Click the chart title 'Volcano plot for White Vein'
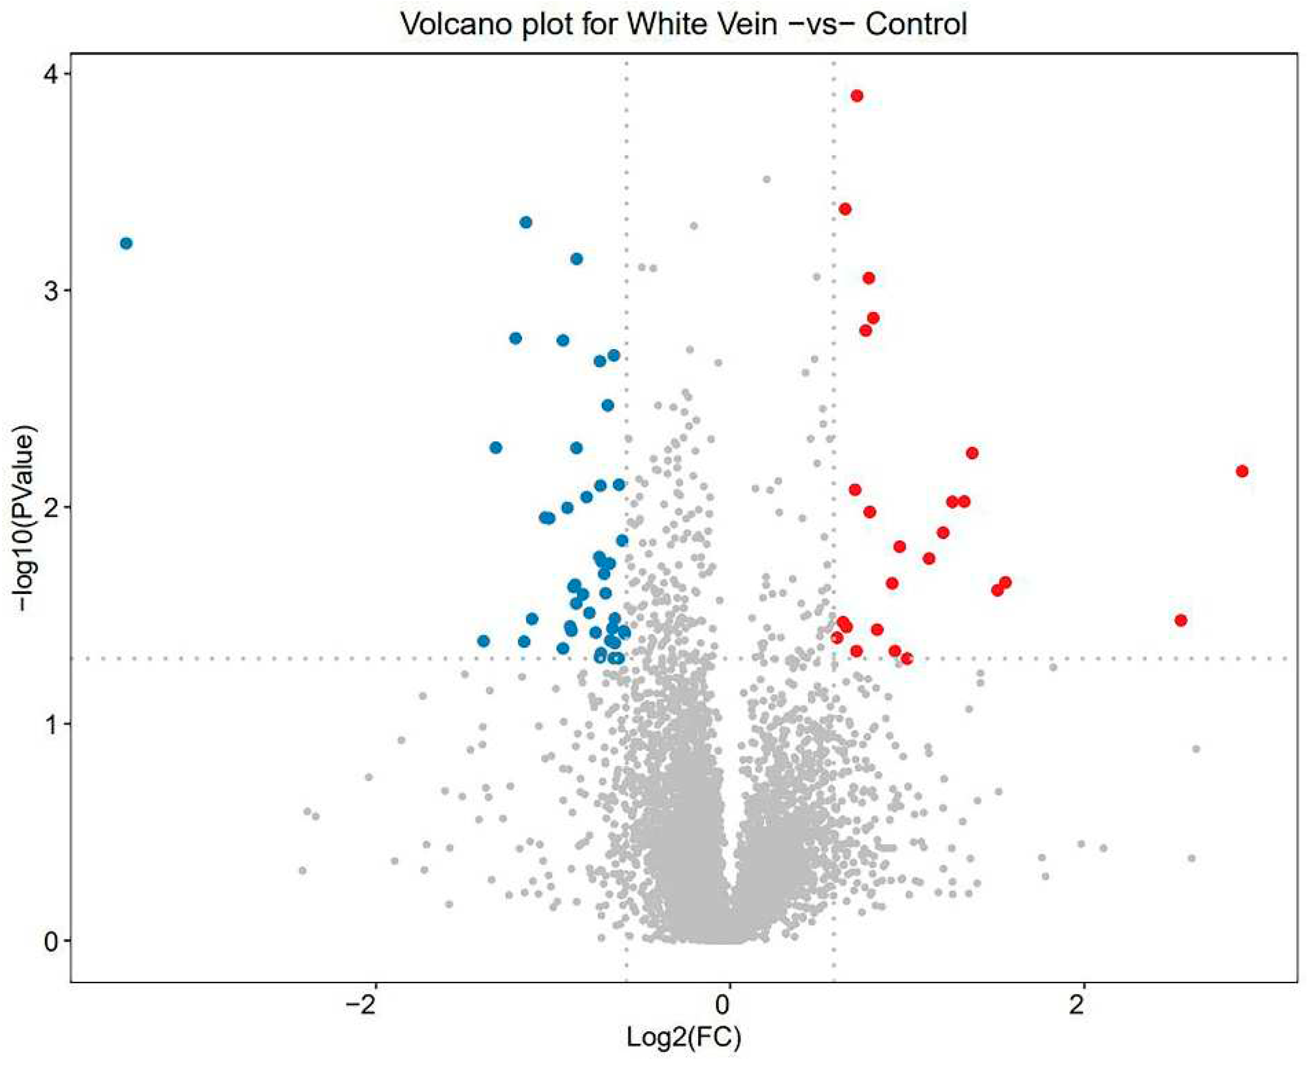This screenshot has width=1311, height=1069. (x=683, y=25)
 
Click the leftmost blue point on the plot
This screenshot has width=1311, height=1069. (x=126, y=243)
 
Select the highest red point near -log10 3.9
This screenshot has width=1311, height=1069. (x=857, y=95)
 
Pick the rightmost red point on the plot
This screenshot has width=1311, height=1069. (x=1241, y=471)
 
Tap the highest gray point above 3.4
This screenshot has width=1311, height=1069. (x=766, y=179)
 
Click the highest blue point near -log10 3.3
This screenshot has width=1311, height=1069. (x=526, y=222)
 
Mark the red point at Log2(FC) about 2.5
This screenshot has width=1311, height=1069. (x=1180, y=620)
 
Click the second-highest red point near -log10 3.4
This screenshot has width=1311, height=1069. (x=845, y=209)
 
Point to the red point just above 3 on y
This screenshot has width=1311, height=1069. (x=868, y=278)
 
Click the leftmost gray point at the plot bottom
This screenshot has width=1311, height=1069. (x=301, y=870)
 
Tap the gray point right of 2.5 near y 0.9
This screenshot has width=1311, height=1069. (x=1196, y=749)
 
